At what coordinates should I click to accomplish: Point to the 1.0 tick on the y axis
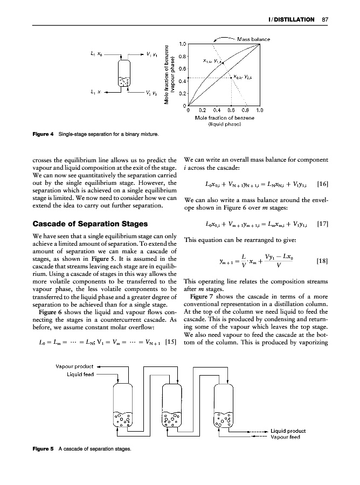point(183,44)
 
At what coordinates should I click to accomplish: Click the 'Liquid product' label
point(288,431)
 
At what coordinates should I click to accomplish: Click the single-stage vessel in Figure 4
point(124,76)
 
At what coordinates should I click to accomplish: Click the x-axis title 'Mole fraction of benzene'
point(224,117)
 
